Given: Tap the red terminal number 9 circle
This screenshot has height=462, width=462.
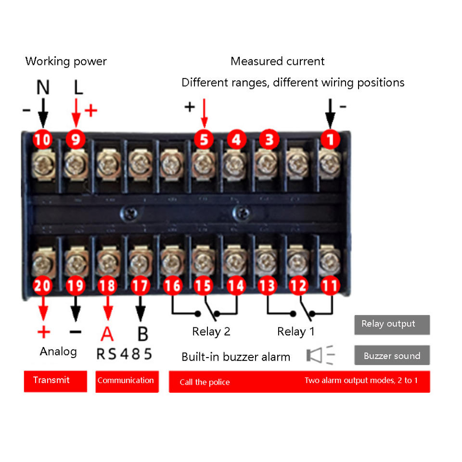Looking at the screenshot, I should [x=75, y=140].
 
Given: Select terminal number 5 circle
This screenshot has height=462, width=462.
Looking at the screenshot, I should [x=204, y=140].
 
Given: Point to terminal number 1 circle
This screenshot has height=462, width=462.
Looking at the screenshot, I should [x=330, y=140].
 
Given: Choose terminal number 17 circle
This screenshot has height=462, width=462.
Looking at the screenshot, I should [x=140, y=286].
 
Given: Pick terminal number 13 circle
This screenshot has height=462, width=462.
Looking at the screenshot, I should [x=268, y=286].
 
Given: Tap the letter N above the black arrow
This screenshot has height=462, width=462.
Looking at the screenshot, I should [x=43, y=88].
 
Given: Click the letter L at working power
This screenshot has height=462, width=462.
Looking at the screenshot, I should [x=78, y=88].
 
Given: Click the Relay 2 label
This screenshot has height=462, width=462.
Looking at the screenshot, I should [x=211, y=332].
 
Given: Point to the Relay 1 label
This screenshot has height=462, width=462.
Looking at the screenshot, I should [x=296, y=332].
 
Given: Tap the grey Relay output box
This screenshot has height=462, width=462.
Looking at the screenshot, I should [x=392, y=324].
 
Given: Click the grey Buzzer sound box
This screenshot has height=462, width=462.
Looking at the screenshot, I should [x=392, y=356].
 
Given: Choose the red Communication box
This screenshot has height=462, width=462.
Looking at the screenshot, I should [x=127, y=381].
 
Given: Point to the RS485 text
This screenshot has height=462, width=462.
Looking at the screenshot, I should [x=124, y=354].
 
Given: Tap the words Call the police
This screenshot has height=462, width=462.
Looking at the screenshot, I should [x=205, y=383].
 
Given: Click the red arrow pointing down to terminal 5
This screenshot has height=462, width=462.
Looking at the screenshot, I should [x=204, y=114].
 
